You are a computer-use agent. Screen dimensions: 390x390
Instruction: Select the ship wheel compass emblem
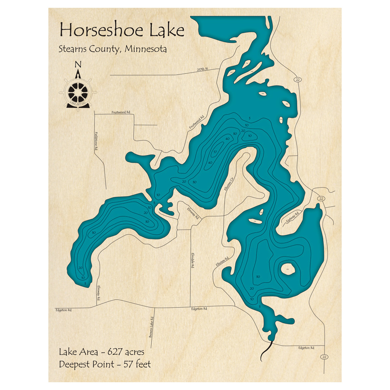(78, 92)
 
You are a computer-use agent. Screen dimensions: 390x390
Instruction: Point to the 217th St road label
(203, 69)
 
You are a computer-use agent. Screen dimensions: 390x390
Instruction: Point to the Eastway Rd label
(292, 217)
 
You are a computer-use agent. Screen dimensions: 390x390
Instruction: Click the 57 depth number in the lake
(215, 151)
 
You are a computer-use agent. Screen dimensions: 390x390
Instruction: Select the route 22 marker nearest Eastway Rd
(321, 199)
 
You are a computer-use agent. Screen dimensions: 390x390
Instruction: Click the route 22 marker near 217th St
(298, 79)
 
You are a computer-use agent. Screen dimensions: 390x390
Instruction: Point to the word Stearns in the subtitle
(73, 50)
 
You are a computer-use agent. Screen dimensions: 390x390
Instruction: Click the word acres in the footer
(135, 352)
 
